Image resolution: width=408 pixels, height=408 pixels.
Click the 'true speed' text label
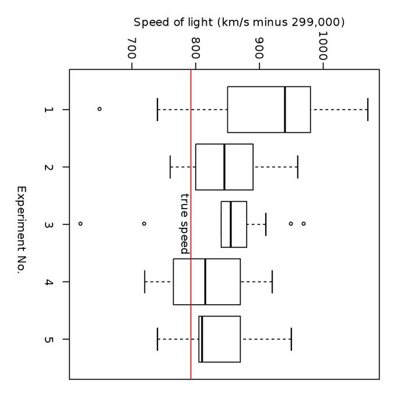[185, 223]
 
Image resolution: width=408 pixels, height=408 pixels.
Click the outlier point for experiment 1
[99, 109]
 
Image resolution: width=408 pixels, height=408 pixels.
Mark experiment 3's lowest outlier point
[80, 224]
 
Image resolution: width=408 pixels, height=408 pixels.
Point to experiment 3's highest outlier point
[303, 224]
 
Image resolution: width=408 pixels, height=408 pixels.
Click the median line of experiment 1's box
[285, 110]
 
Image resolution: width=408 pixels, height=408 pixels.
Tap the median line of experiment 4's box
[205, 282]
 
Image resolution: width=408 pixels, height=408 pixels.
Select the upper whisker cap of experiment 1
[368, 110]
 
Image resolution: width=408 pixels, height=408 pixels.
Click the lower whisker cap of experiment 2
[170, 167]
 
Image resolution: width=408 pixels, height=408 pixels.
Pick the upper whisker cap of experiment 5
[291, 339]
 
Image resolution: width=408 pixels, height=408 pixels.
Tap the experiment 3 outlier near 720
[144, 224]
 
